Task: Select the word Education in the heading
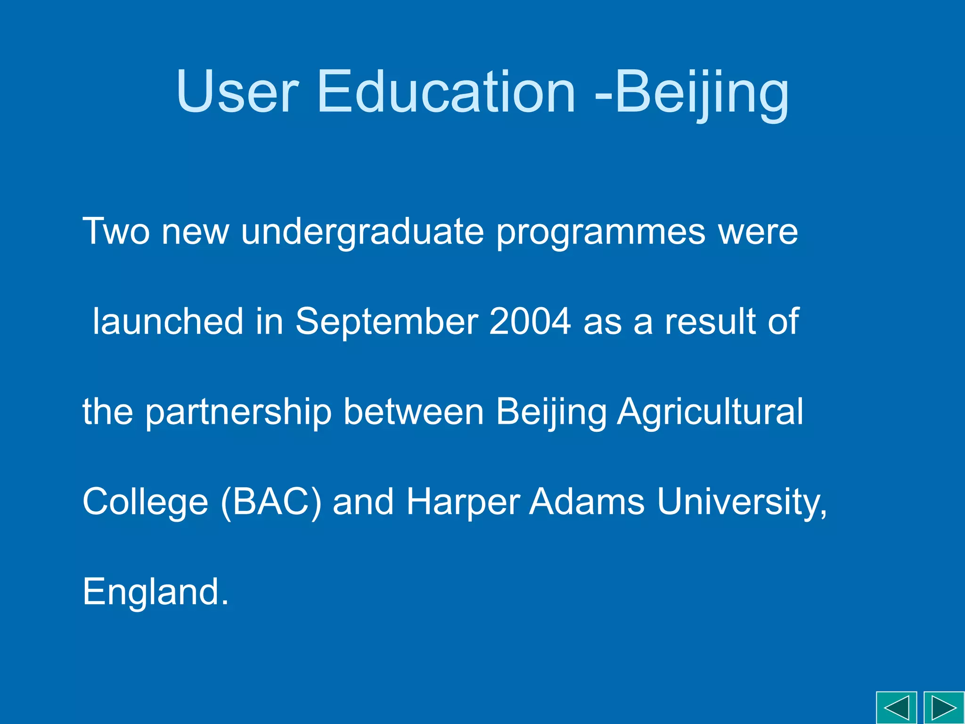tap(446, 92)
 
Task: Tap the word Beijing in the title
tap(701, 92)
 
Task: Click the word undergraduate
tap(362, 232)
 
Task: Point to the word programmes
tap(601, 232)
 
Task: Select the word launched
tap(168, 321)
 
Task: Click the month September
tap(387, 321)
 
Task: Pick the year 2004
tap(530, 321)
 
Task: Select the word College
tap(145, 502)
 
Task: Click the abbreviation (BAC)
tap(271, 502)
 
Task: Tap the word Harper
tap(463, 502)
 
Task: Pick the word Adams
tap(587, 502)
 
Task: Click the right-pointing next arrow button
tap(944, 708)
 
